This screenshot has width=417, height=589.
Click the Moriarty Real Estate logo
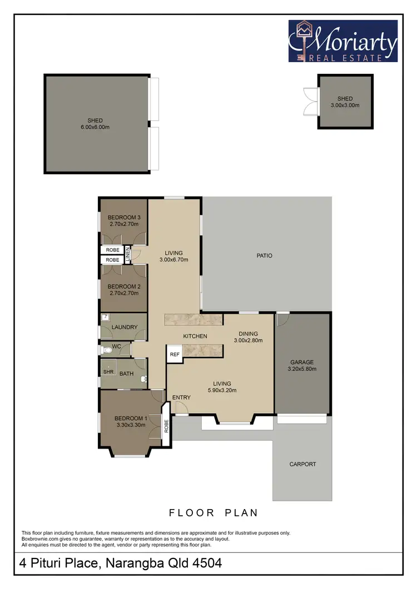[x=343, y=41]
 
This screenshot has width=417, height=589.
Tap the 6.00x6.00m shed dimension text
[x=95, y=127]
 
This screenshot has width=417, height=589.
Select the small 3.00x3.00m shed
[x=345, y=102]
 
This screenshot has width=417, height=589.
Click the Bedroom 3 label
[x=123, y=217]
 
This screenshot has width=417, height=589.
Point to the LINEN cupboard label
[x=127, y=254]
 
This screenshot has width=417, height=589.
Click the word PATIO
[x=264, y=256]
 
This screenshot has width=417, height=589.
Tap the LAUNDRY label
[x=125, y=328]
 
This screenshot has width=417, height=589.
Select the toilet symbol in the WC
[x=106, y=350]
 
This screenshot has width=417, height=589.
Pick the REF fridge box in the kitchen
[x=175, y=354]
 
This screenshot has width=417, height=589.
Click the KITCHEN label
[x=195, y=336]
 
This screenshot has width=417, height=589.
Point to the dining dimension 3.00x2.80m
[x=248, y=341]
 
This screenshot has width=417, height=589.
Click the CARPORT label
[x=302, y=464]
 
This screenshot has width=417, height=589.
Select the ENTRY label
[x=181, y=397]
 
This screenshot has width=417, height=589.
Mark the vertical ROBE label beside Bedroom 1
[x=166, y=426]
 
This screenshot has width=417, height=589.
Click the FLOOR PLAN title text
[x=213, y=513]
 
